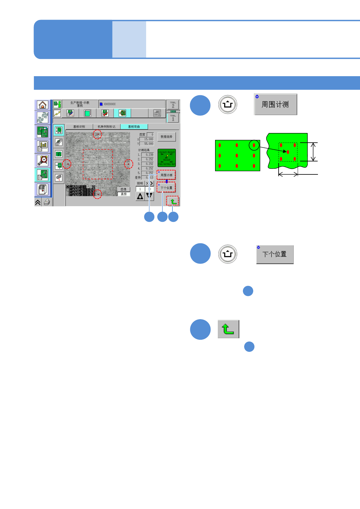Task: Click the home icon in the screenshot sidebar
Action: pyautogui.click(x=42, y=105)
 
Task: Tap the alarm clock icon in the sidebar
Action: pyautogui.click(x=43, y=160)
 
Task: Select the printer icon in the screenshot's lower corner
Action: pyautogui.click(x=47, y=202)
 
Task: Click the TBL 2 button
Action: pyautogui.click(x=173, y=105)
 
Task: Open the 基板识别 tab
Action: pyautogui.click(x=79, y=127)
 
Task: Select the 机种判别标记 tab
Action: pyautogui.click(x=106, y=127)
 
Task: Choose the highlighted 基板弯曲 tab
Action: pyautogui.click(x=134, y=127)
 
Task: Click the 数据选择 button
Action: pyautogui.click(x=166, y=137)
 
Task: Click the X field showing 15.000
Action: pyautogui.click(x=147, y=139)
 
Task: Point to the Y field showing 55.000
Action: pyautogui.click(x=147, y=144)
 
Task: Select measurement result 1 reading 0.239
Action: pyautogui.click(x=148, y=155)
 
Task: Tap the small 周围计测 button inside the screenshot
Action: pyautogui.click(x=166, y=175)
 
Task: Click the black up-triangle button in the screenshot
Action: pyautogui.click(x=140, y=196)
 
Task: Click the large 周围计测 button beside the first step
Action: pyautogui.click(x=275, y=105)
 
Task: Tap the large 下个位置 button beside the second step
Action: pyautogui.click(x=275, y=254)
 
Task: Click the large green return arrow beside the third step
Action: pyautogui.click(x=228, y=329)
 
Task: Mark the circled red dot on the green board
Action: pyautogui.click(x=254, y=145)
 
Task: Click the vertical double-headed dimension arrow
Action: pyautogui.click(x=313, y=152)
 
